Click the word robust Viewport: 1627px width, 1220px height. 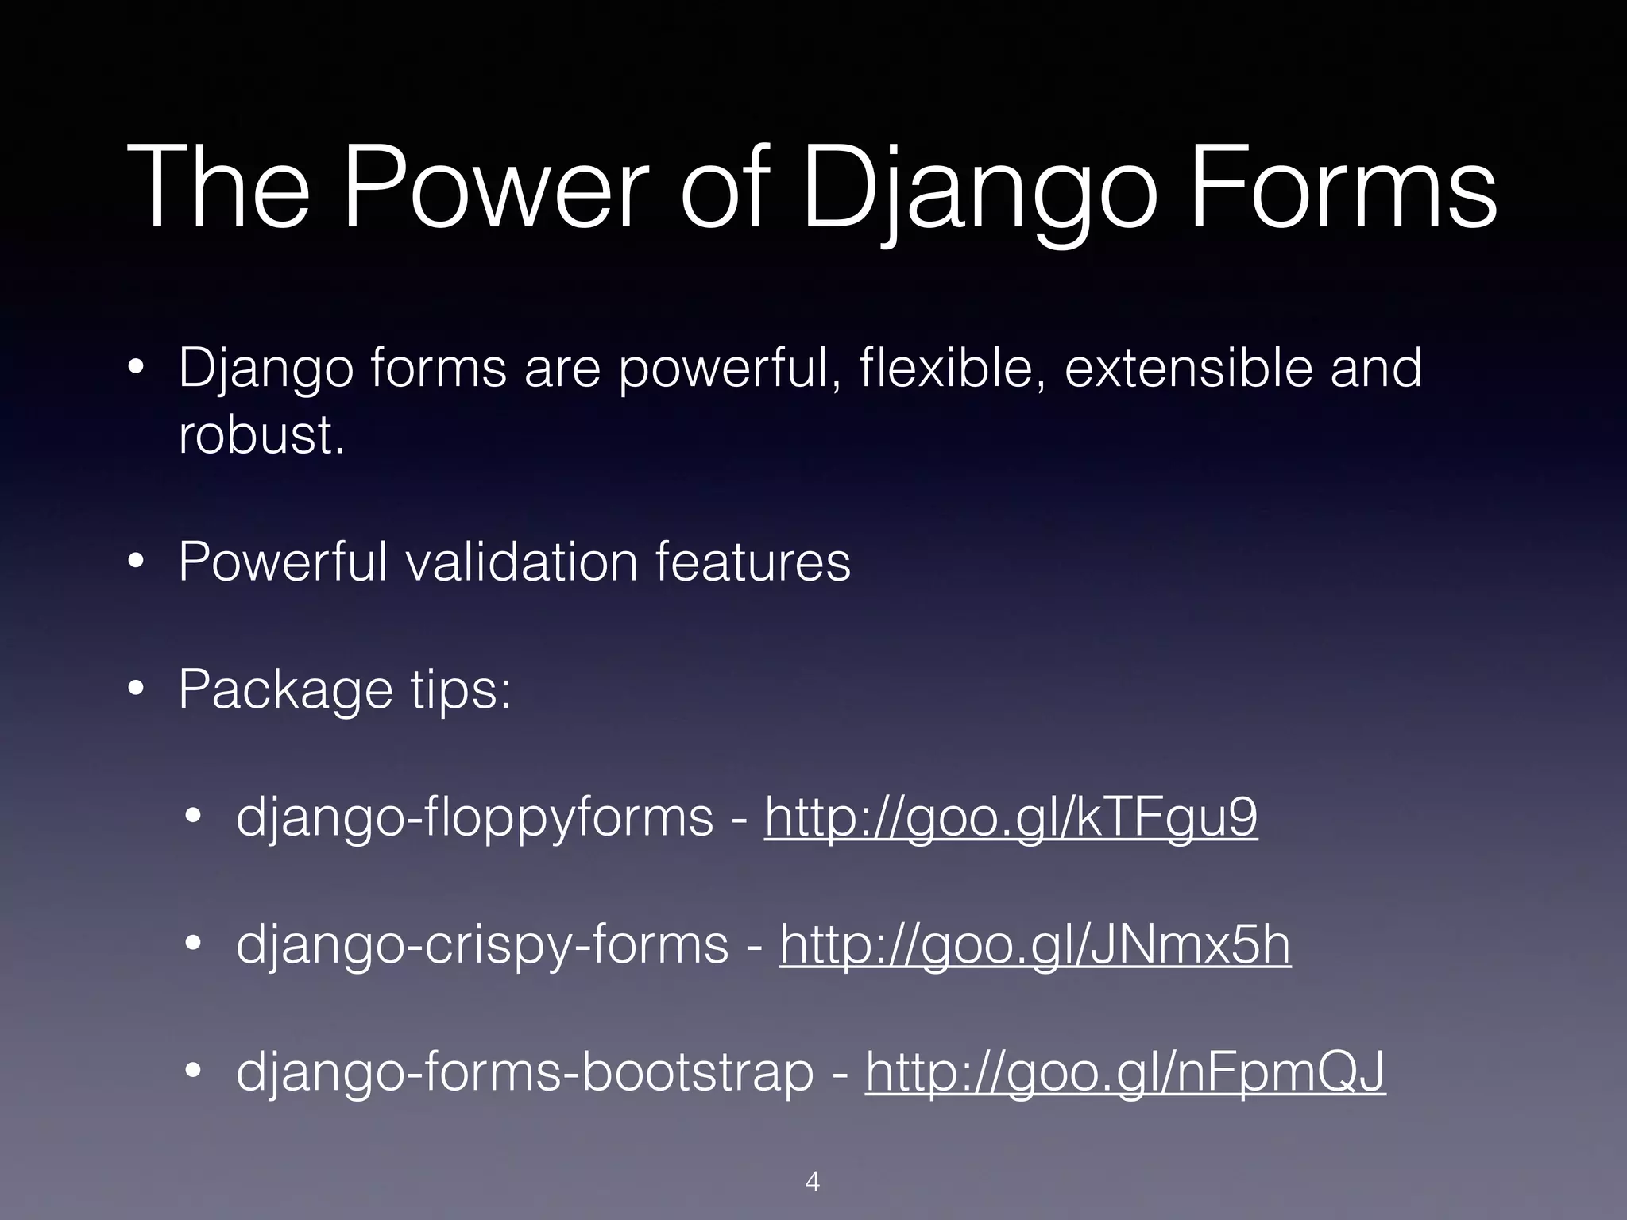(x=261, y=435)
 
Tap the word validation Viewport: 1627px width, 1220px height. (x=522, y=562)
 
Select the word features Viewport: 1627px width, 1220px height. (x=752, y=562)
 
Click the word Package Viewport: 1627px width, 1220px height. (x=285, y=689)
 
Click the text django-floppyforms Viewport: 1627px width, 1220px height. (x=474, y=818)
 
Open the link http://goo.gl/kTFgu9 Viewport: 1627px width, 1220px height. (x=1011, y=818)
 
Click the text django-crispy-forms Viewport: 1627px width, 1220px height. (x=482, y=946)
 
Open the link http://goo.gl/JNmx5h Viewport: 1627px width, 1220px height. (x=1035, y=946)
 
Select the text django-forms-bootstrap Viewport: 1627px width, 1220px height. (x=525, y=1073)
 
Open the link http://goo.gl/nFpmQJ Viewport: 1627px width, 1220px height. (x=1125, y=1073)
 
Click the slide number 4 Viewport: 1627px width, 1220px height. (x=813, y=1182)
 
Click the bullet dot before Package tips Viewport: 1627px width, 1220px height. (x=137, y=690)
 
